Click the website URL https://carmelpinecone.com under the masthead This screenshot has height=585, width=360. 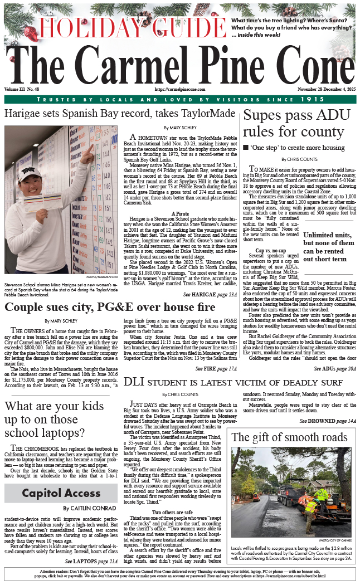[x=180, y=89]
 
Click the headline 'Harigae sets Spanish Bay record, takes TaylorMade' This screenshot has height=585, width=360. [x=120, y=114]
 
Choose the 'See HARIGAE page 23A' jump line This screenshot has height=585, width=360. [x=210, y=294]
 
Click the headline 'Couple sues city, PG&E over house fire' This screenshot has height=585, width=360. [x=110, y=307]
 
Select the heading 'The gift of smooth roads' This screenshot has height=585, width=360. [x=289, y=437]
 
